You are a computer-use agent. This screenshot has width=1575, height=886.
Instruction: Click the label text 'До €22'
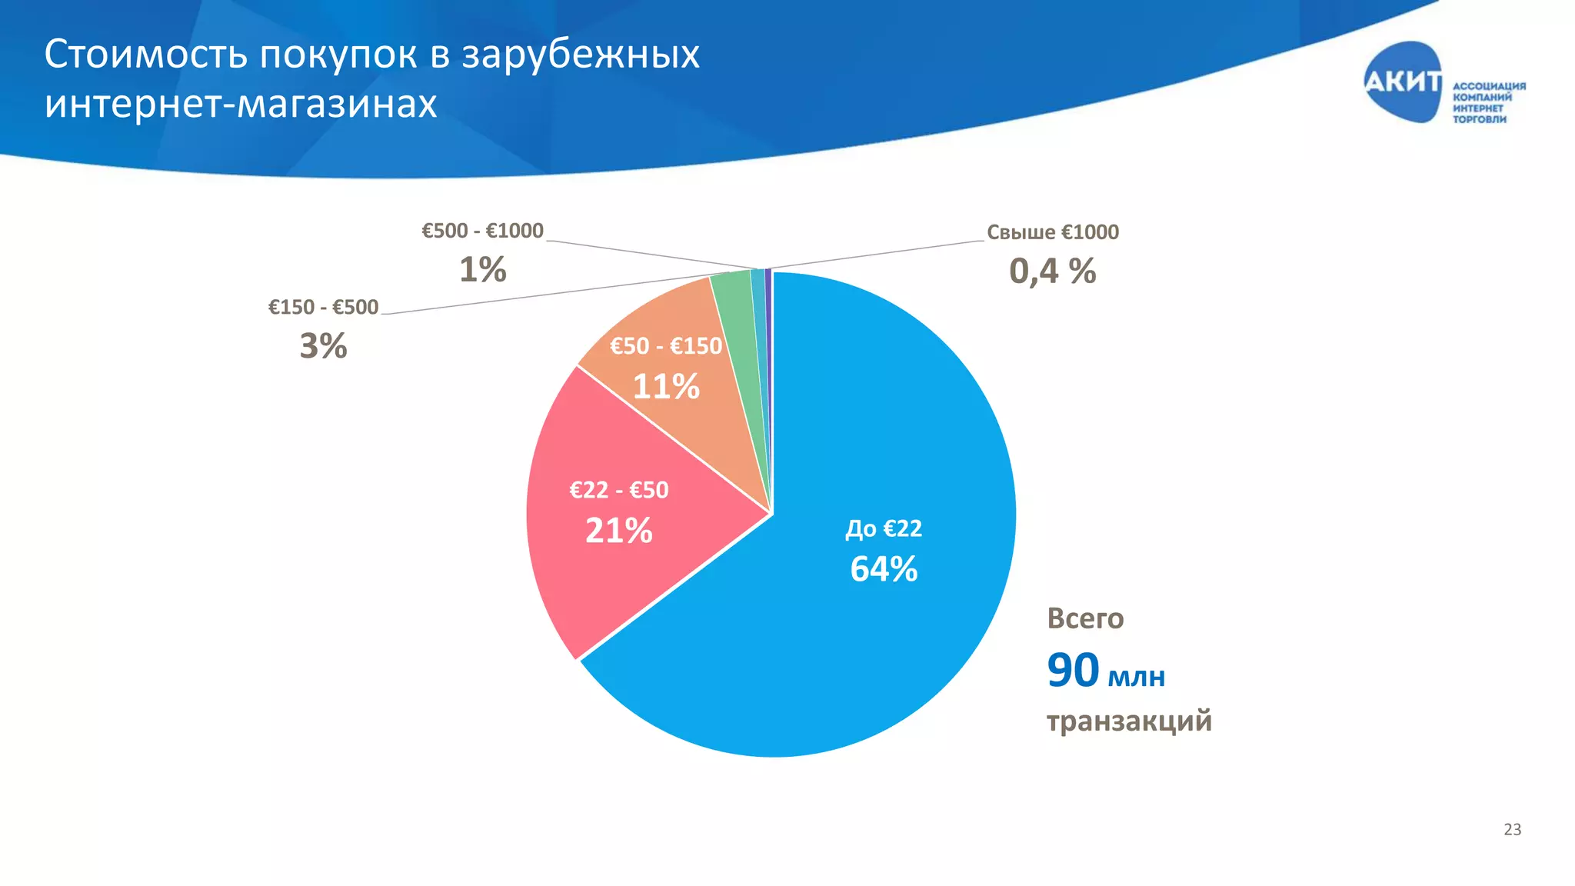click(884, 528)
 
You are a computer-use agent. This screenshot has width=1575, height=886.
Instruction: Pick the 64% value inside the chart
click(884, 569)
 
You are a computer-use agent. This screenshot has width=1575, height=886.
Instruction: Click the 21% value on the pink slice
click(618, 531)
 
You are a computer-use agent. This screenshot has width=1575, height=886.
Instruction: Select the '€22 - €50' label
click(618, 490)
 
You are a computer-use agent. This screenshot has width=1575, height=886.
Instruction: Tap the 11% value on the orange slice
click(665, 386)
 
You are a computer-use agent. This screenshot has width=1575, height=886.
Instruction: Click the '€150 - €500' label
click(323, 308)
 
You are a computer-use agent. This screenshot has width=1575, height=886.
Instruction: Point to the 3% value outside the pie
click(323, 346)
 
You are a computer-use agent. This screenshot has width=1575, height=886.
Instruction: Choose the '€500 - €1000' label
click(482, 231)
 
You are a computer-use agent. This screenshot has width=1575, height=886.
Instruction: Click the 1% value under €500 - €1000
click(482, 270)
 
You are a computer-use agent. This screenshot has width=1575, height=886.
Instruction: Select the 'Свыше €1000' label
click(1052, 232)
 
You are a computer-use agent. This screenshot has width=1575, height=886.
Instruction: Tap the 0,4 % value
click(1052, 271)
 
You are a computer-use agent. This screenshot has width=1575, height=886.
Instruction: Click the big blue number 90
click(1073, 670)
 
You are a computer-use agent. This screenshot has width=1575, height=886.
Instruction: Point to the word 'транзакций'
click(1129, 721)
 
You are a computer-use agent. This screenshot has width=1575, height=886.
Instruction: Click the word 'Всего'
click(1085, 618)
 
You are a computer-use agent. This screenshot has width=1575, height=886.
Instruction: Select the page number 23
click(1512, 829)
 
